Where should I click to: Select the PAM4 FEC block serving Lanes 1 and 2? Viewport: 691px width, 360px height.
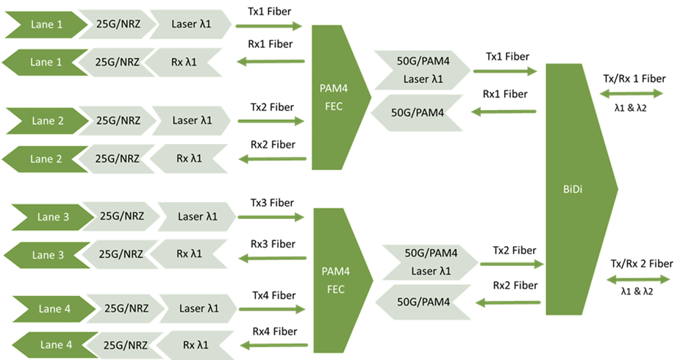click(334, 96)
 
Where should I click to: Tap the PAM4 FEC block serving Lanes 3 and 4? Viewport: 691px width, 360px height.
click(336, 279)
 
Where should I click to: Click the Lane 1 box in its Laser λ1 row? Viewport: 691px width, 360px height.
click(46, 25)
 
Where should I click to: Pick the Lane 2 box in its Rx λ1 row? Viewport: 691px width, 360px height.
click(46, 159)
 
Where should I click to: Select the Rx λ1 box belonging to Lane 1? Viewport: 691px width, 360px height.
click(184, 62)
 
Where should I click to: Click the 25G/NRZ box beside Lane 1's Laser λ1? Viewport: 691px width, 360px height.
click(114, 25)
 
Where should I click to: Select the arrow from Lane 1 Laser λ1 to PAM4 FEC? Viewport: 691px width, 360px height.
click(269, 26)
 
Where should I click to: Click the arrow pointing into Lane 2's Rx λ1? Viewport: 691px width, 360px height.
click(273, 159)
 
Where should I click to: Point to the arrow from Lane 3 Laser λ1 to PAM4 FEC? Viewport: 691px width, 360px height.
click(271, 217)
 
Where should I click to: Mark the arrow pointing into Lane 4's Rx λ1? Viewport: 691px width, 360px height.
click(276, 345)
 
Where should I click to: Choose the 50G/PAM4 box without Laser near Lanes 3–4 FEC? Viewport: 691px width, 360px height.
click(423, 300)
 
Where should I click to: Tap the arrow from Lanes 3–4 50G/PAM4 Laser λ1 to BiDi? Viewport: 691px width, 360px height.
click(512, 262)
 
